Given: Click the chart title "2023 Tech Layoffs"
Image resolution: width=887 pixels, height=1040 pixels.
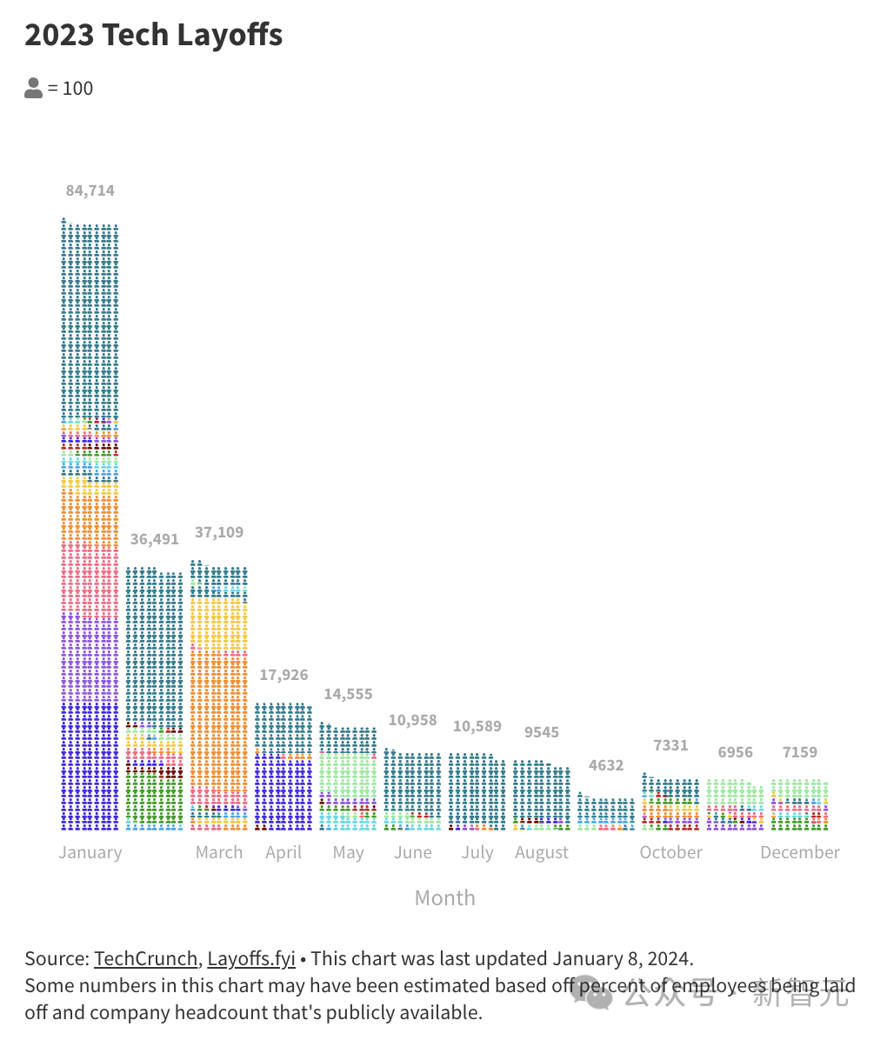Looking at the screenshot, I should point(154,36).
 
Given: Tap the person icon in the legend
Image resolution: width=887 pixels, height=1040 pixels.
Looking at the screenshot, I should point(34,88).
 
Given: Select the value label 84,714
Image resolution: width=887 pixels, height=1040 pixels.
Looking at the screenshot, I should point(90,190).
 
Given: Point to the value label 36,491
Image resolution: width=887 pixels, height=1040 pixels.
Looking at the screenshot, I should point(155,539).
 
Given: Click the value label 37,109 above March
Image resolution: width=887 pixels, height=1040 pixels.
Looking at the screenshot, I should point(219,532).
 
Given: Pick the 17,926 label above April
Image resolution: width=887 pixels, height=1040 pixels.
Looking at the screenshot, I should point(283,675).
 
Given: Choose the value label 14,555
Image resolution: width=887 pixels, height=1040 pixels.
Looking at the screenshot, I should point(348,694).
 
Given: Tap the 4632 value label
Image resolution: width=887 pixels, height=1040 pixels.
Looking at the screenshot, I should point(606,765).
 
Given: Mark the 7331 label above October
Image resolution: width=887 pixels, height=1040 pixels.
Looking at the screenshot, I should point(670,745).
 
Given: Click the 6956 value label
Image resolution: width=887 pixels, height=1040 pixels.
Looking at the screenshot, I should point(735,752).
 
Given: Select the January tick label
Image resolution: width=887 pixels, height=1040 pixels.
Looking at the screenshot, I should point(90,852).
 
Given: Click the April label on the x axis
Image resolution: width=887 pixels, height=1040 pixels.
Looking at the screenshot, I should point(283,852).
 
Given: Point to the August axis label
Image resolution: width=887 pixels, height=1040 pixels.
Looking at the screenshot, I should point(542,853).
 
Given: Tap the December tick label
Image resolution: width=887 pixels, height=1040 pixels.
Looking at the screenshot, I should point(800,852).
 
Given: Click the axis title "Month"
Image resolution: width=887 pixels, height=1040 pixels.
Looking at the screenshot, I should point(445,898).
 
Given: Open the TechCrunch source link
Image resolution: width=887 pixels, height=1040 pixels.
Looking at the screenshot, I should point(146,958).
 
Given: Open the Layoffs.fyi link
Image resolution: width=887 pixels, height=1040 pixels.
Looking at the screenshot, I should point(251,958).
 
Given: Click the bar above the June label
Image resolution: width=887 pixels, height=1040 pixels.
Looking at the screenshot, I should point(412,791).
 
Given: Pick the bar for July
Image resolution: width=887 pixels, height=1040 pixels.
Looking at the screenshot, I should point(477,791).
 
